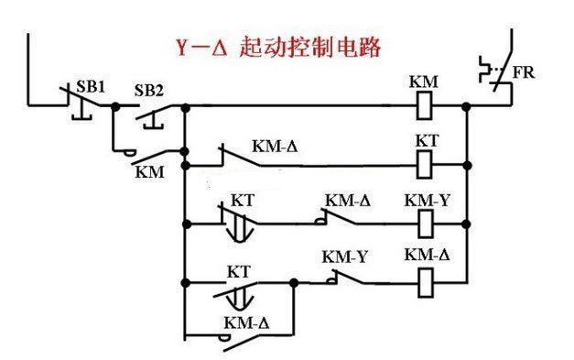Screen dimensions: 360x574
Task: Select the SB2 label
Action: click(149, 89)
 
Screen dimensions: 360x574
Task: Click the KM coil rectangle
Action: click(425, 106)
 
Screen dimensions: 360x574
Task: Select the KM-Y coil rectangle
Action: click(425, 223)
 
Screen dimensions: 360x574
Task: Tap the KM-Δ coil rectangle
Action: click(425, 279)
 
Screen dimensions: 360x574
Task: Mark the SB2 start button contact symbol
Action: click(151, 112)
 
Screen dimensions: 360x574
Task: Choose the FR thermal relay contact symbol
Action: click(495, 79)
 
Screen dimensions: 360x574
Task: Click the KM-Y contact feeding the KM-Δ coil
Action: click(344, 275)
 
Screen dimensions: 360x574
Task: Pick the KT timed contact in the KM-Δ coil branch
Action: click(239, 285)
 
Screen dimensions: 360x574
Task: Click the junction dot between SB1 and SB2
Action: click(114, 106)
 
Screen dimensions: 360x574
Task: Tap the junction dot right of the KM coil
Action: click(466, 106)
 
